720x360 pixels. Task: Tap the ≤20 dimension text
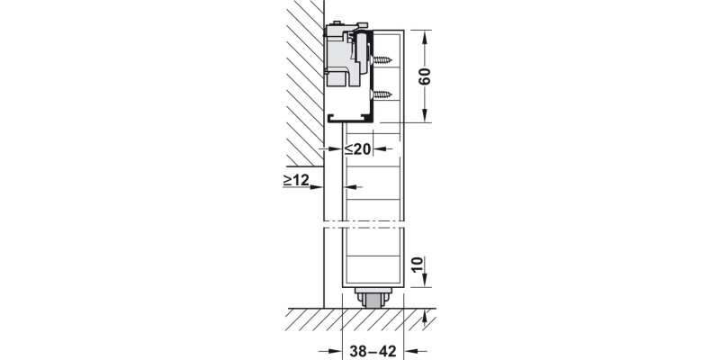[x=357, y=149]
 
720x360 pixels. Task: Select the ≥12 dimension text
[x=296, y=181]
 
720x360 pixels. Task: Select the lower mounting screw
[x=382, y=94]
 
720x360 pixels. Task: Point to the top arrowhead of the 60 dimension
[x=426, y=35]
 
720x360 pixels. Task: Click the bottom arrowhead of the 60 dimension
[x=426, y=117]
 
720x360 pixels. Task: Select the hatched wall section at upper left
[x=292, y=81]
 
